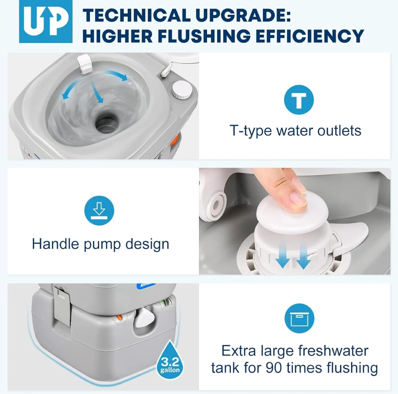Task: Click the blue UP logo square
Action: coord(46,22)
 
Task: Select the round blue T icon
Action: coord(299,100)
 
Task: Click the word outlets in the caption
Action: coord(339,131)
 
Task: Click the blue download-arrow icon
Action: coord(99,210)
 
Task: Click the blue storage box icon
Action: coord(299,318)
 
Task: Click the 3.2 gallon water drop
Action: coord(170,360)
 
